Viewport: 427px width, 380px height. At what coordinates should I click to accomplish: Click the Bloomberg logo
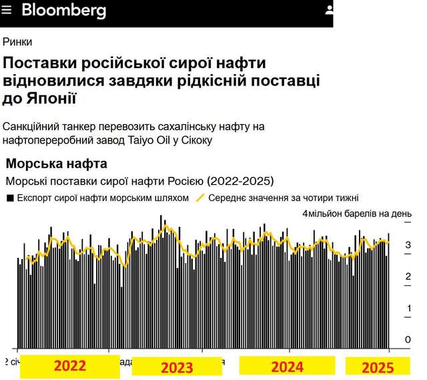(x=63, y=10)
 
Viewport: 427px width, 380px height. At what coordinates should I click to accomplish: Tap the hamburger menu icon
(x=8, y=10)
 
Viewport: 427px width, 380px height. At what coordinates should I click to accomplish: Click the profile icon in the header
(x=329, y=10)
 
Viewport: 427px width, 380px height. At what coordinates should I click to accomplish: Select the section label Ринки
(x=17, y=41)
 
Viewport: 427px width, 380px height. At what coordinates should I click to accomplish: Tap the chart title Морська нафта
(x=56, y=164)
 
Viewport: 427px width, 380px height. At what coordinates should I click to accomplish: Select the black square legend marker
(x=10, y=198)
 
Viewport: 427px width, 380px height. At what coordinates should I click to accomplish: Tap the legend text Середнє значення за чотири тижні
(x=284, y=198)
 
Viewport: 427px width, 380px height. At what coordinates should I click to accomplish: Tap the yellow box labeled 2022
(x=69, y=366)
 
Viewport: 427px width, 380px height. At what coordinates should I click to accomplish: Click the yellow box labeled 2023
(x=177, y=367)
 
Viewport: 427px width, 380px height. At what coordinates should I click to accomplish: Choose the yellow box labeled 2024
(x=287, y=366)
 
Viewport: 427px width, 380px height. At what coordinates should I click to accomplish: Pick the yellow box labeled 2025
(x=378, y=367)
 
